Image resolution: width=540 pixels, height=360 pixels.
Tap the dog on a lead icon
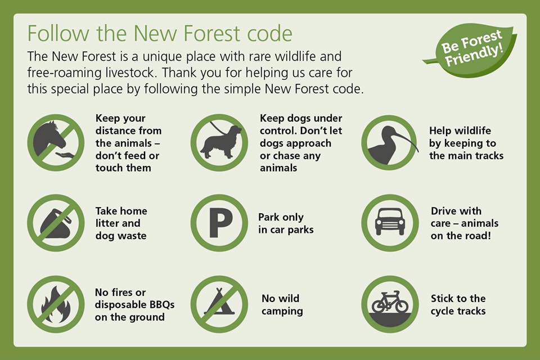click(x=221, y=141)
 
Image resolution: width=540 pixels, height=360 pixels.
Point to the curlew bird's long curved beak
click(x=406, y=139)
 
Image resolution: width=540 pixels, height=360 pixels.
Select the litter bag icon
click(x=56, y=224)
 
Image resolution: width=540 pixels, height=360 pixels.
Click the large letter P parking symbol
click(x=220, y=223)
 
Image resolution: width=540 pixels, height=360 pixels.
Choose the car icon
click(x=390, y=222)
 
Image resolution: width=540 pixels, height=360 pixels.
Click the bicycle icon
click(x=390, y=301)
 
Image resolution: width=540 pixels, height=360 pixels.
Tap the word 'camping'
click(x=282, y=311)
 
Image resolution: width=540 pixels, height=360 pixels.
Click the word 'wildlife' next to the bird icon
click(x=473, y=130)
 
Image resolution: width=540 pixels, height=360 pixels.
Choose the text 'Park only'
click(x=281, y=217)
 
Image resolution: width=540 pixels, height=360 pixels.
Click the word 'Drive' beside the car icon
click(x=444, y=210)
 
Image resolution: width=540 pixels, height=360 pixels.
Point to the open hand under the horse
click(x=65, y=155)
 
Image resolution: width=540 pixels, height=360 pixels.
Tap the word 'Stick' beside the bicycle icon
click(x=443, y=298)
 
